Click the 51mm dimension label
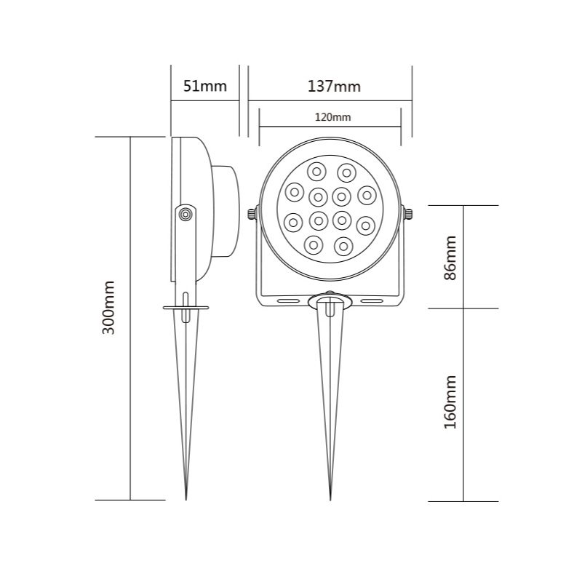[205, 86]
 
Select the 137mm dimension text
[334, 86]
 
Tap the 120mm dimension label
[332, 117]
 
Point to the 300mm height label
[108, 308]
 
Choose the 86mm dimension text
[450, 258]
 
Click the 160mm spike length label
[450, 402]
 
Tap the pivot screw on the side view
[186, 214]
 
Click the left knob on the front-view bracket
[252, 214]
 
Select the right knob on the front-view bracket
[408, 214]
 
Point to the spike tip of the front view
[330, 501]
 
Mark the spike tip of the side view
[186, 499]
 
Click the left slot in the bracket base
[288, 300]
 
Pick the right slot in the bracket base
[372, 300]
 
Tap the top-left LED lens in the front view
[316, 172]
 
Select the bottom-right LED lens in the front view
[343, 247]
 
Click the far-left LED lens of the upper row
[295, 192]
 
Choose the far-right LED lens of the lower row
[366, 226]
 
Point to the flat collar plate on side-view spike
[186, 308]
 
